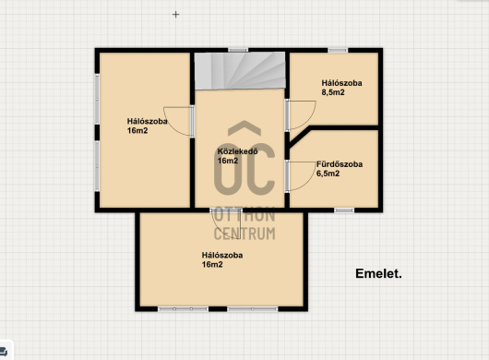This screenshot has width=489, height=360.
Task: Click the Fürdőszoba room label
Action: click(x=340, y=164)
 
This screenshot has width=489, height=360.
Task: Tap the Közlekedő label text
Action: click(x=238, y=151)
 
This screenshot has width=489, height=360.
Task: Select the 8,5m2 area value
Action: click(x=333, y=92)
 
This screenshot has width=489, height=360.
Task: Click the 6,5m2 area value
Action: click(x=328, y=174)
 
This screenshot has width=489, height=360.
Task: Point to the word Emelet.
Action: click(x=378, y=273)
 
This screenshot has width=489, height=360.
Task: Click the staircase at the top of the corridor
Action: click(x=240, y=70)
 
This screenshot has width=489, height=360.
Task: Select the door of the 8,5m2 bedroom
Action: click(x=301, y=114)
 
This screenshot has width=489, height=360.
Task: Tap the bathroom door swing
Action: click(x=301, y=176)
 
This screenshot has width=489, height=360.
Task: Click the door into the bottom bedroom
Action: click(x=226, y=224)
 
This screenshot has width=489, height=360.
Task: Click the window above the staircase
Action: click(x=238, y=50)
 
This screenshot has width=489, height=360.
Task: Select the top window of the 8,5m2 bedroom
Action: click(x=338, y=50)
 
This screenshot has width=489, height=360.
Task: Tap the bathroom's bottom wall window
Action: click(x=344, y=210)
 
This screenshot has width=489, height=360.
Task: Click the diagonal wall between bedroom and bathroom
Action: click(x=299, y=138)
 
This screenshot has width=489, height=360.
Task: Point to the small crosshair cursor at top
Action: click(x=176, y=15)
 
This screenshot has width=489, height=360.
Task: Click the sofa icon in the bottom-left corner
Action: click(x=4, y=352)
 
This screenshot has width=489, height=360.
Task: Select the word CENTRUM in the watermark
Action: click(x=244, y=234)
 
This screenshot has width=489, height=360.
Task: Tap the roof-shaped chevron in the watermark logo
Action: click(x=244, y=128)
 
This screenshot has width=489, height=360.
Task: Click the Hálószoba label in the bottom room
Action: click(x=222, y=255)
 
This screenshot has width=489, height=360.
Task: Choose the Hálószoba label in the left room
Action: click(x=148, y=121)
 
